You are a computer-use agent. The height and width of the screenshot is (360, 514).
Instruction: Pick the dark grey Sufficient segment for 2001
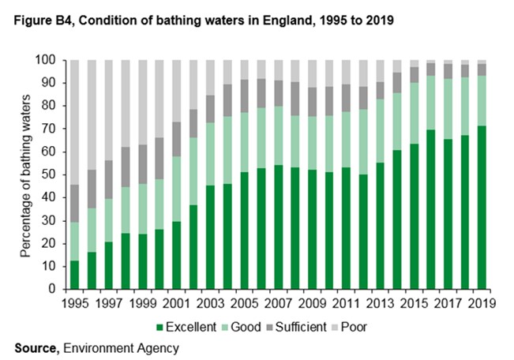pos(177,139)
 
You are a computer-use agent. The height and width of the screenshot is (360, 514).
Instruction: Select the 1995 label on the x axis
pos(75,302)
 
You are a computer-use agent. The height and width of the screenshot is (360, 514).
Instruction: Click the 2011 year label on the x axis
pos(347,302)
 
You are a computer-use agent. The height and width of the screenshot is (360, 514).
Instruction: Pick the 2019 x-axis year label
pos(482,302)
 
